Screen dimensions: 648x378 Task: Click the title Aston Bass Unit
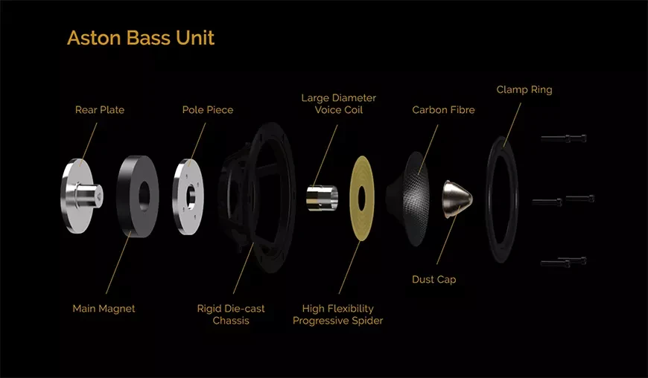coord(141,37)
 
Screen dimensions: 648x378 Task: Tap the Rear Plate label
coord(100,110)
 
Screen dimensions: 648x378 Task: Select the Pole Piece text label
coord(208,110)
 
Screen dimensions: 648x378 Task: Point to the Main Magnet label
coord(104,309)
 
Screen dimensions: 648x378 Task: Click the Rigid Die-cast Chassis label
coord(231,315)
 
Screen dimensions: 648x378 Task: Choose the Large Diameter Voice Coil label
coord(338,103)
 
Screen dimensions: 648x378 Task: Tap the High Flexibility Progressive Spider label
coord(337,315)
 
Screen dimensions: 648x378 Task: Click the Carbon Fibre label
coord(443,110)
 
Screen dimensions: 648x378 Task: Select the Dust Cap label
coord(434,279)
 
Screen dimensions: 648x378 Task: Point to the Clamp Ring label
coord(524,89)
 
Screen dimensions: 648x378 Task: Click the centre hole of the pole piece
coord(191,197)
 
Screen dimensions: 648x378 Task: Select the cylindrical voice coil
coord(322,198)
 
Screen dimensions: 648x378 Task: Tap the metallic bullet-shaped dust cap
coord(457,199)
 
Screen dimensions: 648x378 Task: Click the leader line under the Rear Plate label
coord(89,141)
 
